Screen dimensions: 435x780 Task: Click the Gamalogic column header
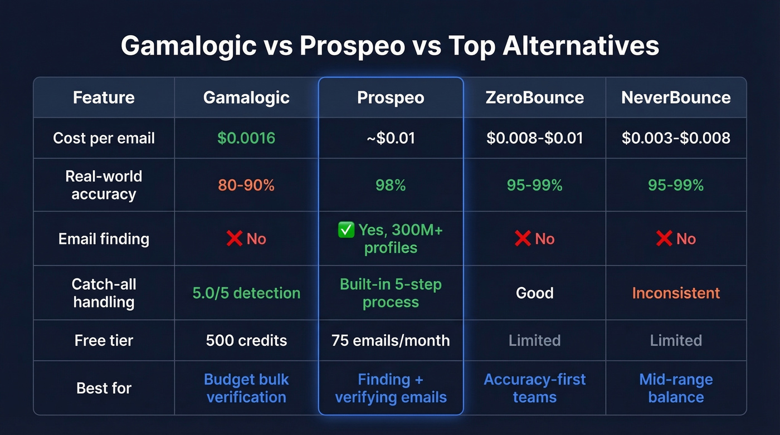pyautogui.click(x=246, y=97)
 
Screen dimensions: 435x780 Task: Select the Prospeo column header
pyautogui.click(x=391, y=97)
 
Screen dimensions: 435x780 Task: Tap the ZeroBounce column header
pyautogui.click(x=534, y=97)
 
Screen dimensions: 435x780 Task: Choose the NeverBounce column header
pyautogui.click(x=676, y=97)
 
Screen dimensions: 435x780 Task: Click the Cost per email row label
pyautogui.click(x=104, y=138)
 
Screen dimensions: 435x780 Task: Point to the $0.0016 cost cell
pyautogui.click(x=246, y=138)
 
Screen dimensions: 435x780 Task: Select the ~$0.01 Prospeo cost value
pyautogui.click(x=391, y=138)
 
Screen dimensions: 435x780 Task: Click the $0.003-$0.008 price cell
pyautogui.click(x=676, y=138)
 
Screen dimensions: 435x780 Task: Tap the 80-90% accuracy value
pyautogui.click(x=246, y=185)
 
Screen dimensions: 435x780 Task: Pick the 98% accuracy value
pyautogui.click(x=391, y=185)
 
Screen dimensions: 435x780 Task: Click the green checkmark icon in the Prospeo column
pyautogui.click(x=346, y=230)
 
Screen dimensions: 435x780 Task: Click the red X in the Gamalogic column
pyautogui.click(x=235, y=239)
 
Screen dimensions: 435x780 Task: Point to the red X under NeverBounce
pyautogui.click(x=664, y=239)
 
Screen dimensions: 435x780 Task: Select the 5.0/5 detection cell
pyautogui.click(x=246, y=293)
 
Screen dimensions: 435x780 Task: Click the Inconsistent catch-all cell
pyautogui.click(x=676, y=293)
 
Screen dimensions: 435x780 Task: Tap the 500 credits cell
pyautogui.click(x=246, y=340)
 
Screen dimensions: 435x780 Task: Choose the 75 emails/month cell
pyautogui.click(x=391, y=340)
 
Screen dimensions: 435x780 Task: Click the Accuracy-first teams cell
pyautogui.click(x=534, y=388)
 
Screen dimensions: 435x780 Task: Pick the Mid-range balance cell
pyautogui.click(x=676, y=388)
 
